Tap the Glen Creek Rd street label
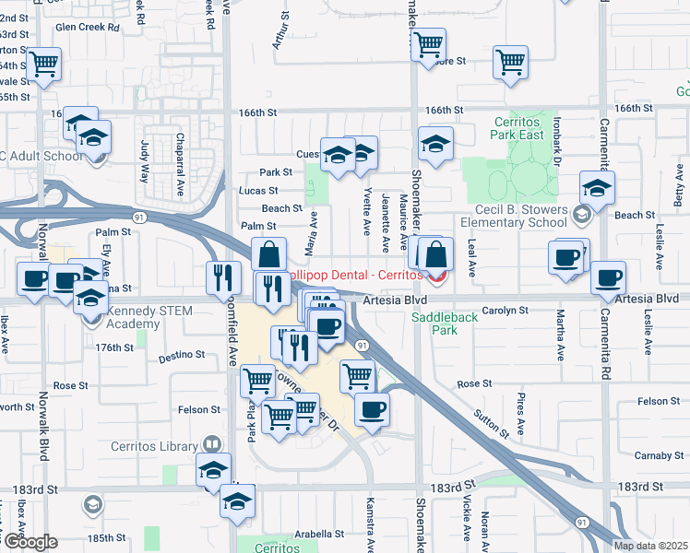coord(88,28)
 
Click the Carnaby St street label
coord(657,454)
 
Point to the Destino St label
coord(182,355)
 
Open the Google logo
coord(29,541)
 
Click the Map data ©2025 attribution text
coord(649,546)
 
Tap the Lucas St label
coord(258,190)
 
